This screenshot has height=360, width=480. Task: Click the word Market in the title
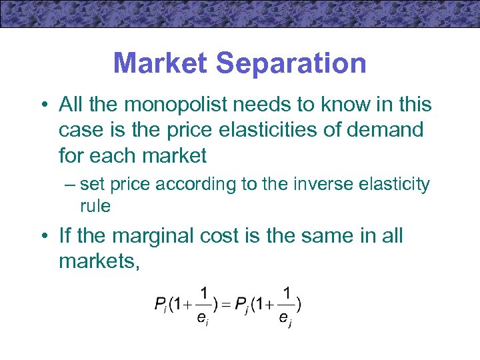tap(161, 64)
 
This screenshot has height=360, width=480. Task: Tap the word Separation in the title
tap(291, 64)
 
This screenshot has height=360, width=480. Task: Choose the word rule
tap(95, 206)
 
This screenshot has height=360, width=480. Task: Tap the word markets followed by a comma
tap(99, 261)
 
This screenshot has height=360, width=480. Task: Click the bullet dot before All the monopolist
tap(43, 105)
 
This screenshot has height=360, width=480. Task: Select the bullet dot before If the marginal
tap(43, 237)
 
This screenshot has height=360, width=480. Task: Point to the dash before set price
tap(71, 185)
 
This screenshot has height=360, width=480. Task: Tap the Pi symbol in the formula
tap(160, 306)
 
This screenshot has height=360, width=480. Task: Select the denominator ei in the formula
tap(202, 319)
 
